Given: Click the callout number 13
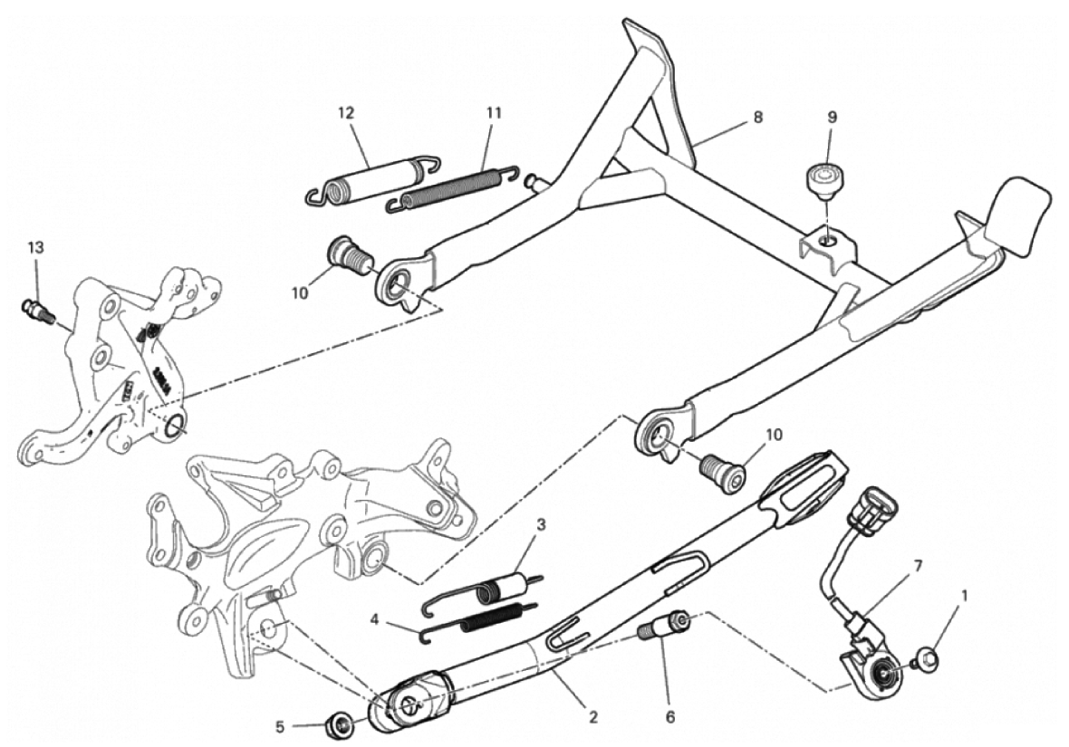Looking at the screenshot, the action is click(x=35, y=247).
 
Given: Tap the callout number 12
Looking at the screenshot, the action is click(x=346, y=113).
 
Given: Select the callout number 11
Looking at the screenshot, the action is click(x=494, y=113).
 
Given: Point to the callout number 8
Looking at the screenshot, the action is click(x=758, y=117).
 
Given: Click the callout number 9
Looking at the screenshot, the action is click(x=832, y=117).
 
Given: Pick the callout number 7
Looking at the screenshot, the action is click(x=918, y=566).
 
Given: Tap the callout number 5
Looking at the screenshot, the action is click(x=280, y=727).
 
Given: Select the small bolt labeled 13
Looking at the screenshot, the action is click(x=39, y=312).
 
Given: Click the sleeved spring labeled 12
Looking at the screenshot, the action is click(x=371, y=180).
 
